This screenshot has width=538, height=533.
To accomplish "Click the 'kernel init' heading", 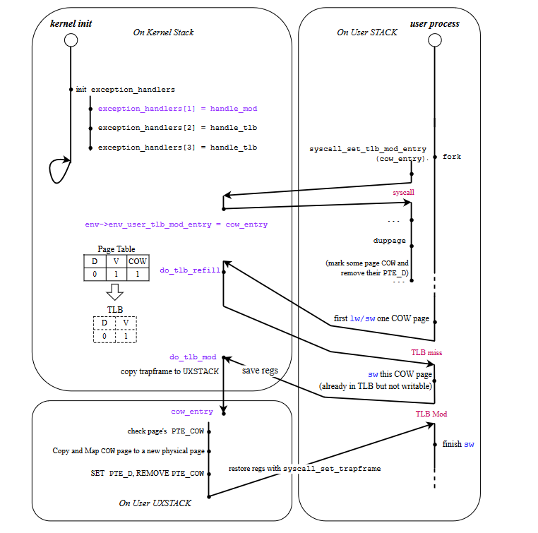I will [x=70, y=24].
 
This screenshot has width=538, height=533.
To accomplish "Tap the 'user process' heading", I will [x=434, y=24].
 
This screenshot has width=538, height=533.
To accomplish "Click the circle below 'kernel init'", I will [x=71, y=41].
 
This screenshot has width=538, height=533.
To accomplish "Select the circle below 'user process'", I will [x=435, y=41].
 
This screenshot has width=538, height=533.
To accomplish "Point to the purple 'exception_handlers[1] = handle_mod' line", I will [x=177, y=109].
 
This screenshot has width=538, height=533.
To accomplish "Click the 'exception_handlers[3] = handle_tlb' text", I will [x=177, y=148].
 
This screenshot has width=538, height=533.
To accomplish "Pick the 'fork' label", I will [x=452, y=157].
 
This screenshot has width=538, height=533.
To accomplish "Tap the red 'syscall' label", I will [x=404, y=192].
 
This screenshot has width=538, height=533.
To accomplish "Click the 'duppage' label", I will [x=390, y=241].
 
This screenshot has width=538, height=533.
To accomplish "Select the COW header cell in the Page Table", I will [x=138, y=260].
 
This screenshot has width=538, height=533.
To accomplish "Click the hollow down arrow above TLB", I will [x=114, y=292].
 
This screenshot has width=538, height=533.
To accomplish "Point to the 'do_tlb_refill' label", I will [x=190, y=270].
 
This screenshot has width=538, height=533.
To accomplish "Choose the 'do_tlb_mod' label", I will [x=193, y=357].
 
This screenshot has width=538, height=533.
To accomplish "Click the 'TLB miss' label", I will [x=426, y=352].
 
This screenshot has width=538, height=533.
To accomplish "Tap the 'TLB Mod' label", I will [x=431, y=414].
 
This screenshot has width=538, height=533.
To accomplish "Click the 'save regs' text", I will [x=260, y=371].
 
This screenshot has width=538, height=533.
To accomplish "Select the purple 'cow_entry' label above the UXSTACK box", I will [x=192, y=412].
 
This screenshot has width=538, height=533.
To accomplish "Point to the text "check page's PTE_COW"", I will [x=165, y=431].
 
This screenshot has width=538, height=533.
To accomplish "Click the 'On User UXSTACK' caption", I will [x=155, y=503].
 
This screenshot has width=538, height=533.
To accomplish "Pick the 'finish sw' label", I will [x=458, y=444].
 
